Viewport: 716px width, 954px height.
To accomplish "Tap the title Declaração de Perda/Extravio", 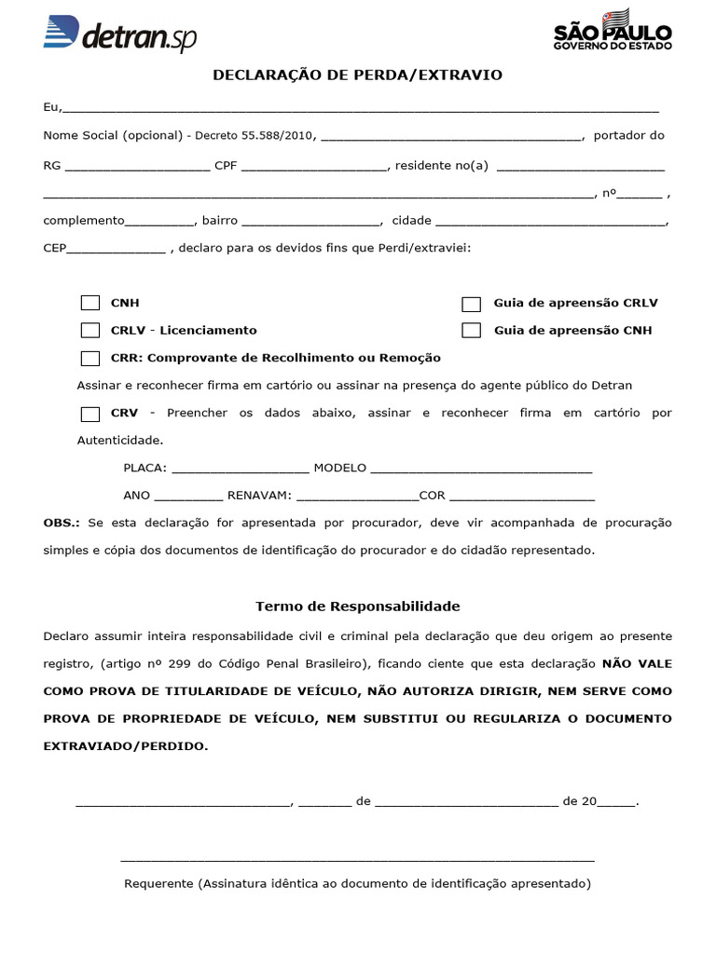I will (358, 75).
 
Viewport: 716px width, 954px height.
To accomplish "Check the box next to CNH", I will (90, 303).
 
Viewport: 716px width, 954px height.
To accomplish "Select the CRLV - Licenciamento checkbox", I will (90, 330).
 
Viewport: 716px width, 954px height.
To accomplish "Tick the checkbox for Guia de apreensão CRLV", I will (472, 304).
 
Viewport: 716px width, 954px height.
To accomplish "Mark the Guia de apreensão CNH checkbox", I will (472, 331).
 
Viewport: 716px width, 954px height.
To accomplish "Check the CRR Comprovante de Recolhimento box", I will (90, 358).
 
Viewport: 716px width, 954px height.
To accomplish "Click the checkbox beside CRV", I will (90, 414).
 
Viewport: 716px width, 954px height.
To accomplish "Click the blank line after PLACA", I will (241, 470).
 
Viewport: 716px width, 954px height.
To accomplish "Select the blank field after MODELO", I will (481, 470).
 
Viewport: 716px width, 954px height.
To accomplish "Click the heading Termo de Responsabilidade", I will (358, 606).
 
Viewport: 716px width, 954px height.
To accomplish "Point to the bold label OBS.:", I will (62, 523).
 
